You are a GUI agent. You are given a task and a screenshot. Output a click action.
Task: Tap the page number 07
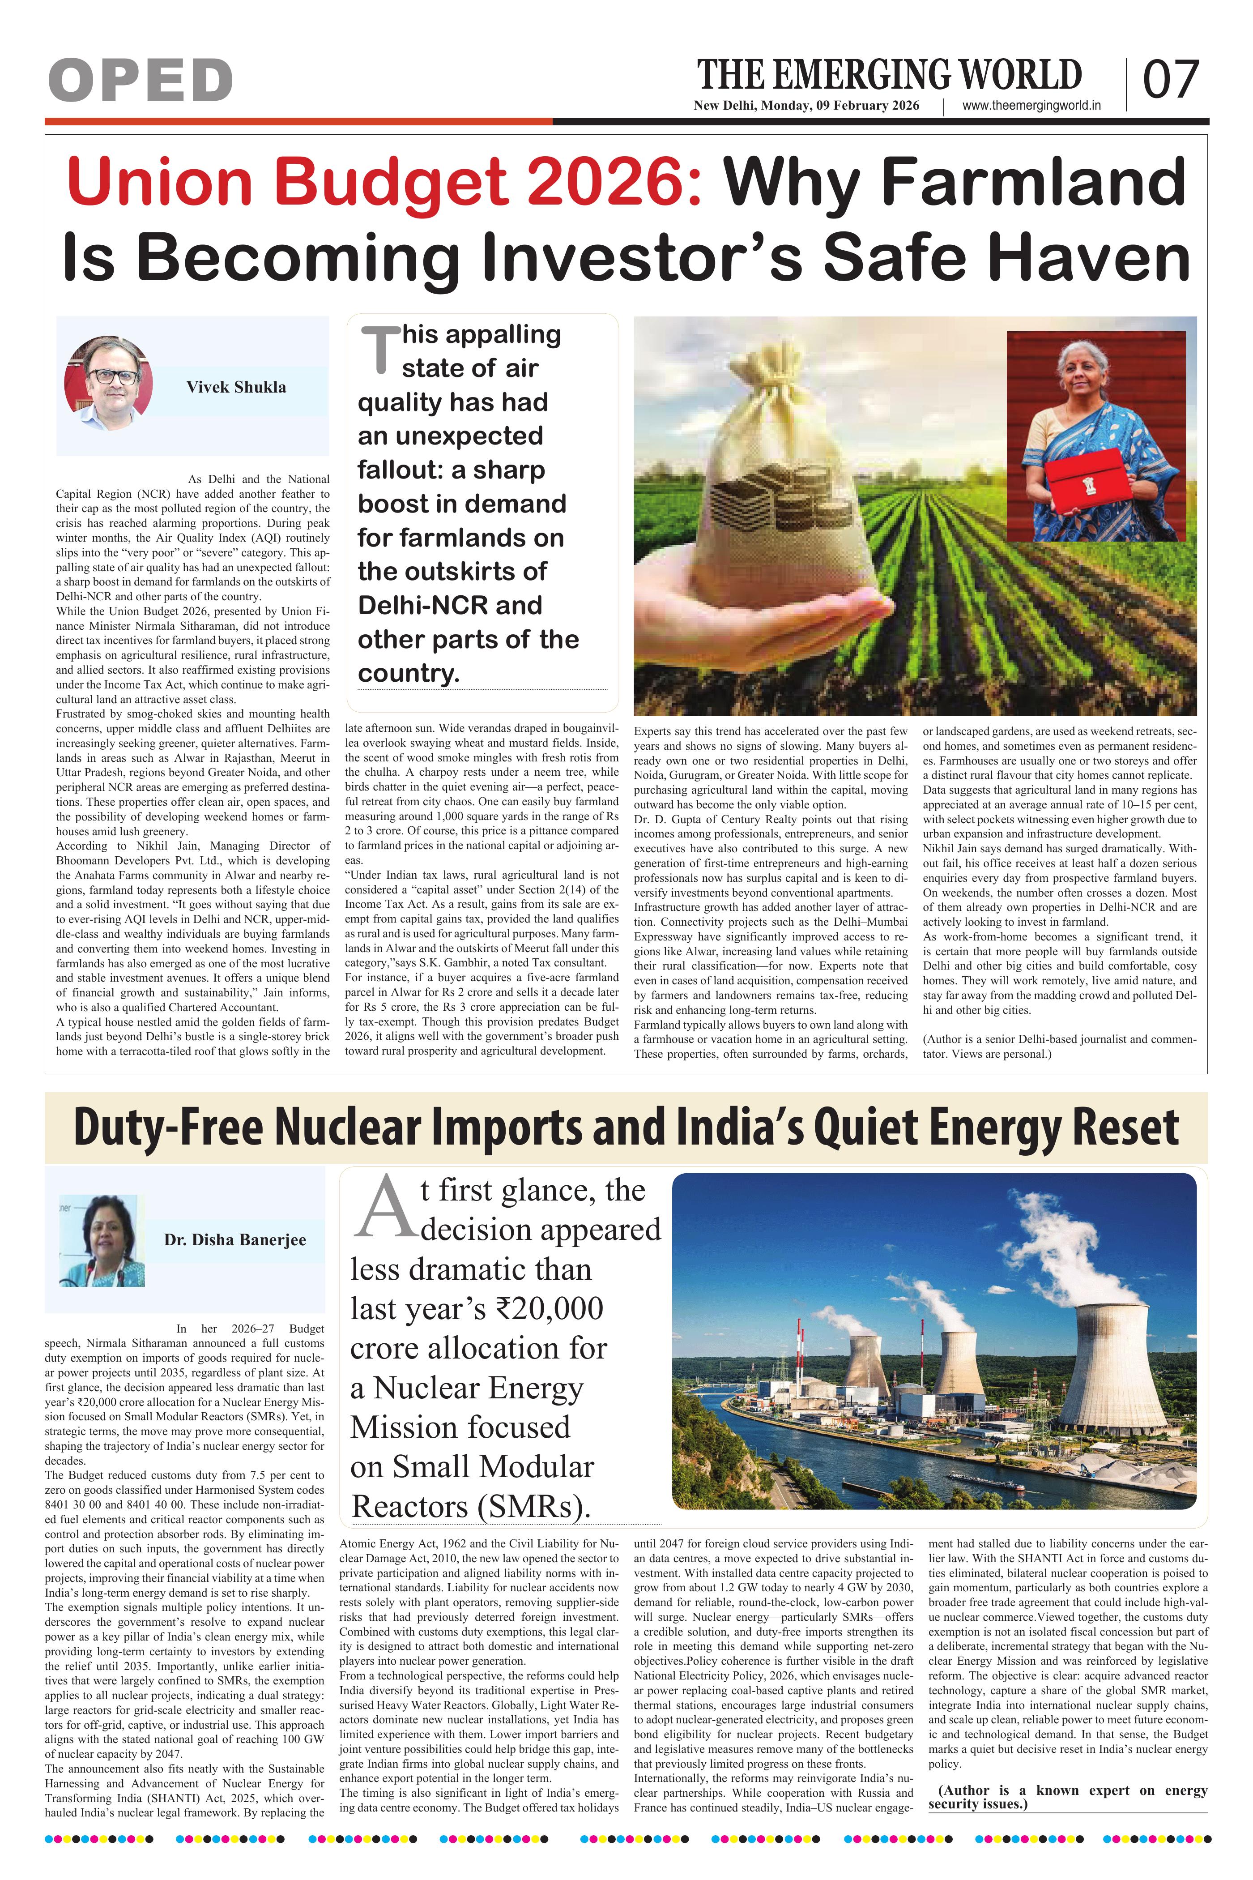click(1171, 80)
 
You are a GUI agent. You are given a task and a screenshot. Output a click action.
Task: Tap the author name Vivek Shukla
click(236, 387)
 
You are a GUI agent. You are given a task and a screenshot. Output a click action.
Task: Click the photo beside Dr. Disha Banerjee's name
click(102, 1240)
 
